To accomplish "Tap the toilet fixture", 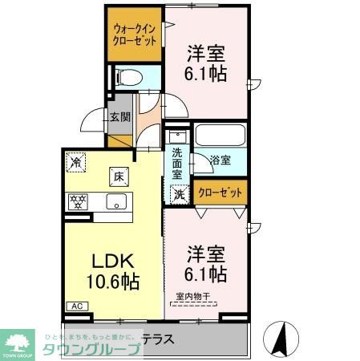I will [127, 79].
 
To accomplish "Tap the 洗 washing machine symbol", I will [178, 193].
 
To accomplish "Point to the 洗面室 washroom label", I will [177, 163].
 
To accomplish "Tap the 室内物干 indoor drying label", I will [193, 296].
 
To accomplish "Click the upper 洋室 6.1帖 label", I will [206, 63].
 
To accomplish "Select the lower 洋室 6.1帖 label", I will [206, 262].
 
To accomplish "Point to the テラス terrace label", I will [158, 339].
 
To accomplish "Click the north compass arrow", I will [282, 338].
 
